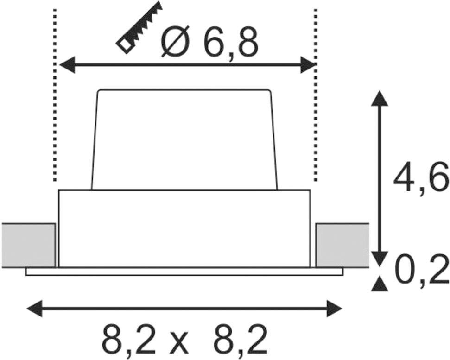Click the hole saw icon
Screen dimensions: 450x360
pos(139,27)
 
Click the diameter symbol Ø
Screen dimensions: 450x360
pos(175,41)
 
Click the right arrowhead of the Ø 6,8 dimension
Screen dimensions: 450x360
pos(308,64)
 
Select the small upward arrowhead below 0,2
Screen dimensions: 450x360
pos(380,284)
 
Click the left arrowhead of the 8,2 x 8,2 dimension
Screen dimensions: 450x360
pos(34,309)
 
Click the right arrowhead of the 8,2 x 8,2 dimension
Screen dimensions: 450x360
pos(334,309)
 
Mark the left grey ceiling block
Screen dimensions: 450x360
pos(28,245)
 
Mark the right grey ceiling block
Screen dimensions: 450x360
pos(342,245)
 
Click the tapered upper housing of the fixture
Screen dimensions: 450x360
pos(184,140)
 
